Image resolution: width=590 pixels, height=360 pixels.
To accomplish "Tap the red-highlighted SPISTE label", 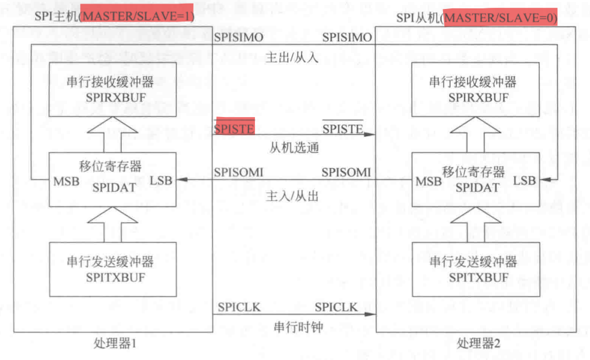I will click(235, 127).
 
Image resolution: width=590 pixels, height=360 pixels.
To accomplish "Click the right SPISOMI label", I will click(346, 173).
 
